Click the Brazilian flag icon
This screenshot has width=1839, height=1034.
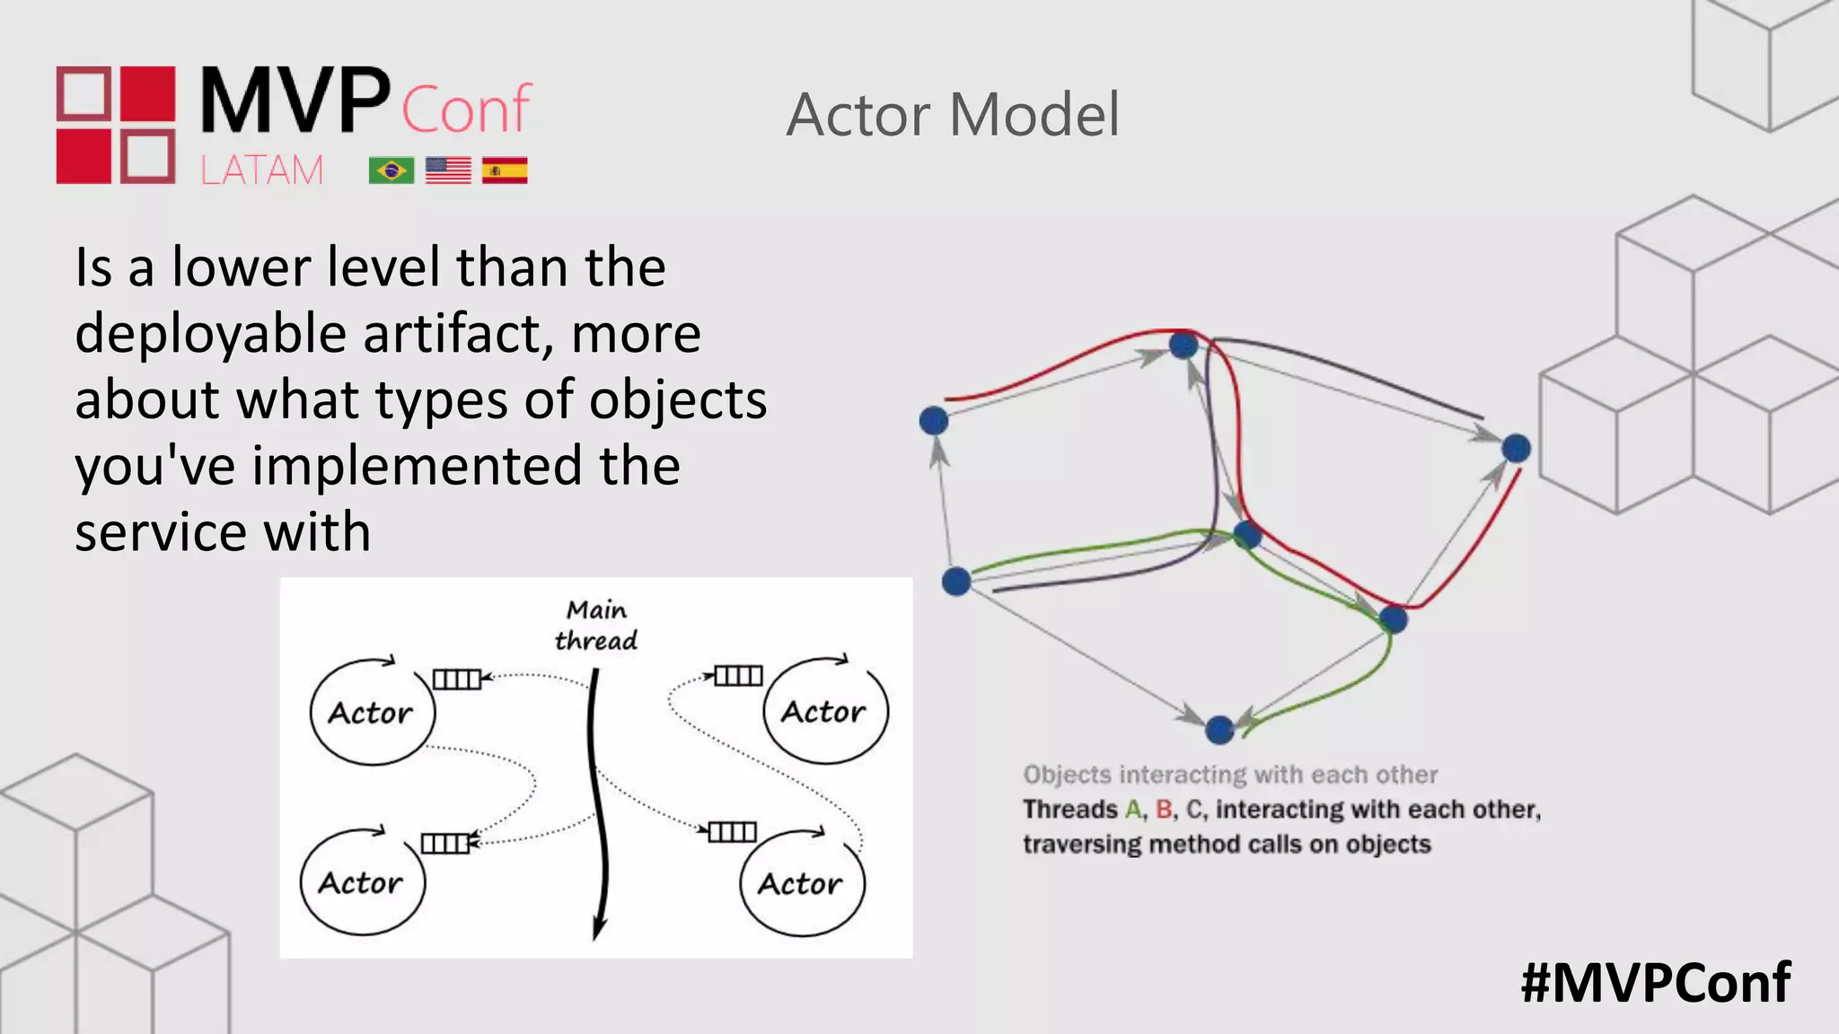pyautogui.click(x=391, y=171)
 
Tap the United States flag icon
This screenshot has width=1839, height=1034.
pyautogui.click(x=448, y=171)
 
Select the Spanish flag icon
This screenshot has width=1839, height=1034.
pyautogui.click(x=505, y=171)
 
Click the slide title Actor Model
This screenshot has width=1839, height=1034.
pyautogui.click(x=953, y=115)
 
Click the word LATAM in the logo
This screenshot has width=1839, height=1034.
pyautogui.click(x=261, y=171)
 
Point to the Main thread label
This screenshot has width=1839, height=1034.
pyautogui.click(x=596, y=625)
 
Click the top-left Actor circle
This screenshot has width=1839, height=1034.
pyautogui.click(x=372, y=713)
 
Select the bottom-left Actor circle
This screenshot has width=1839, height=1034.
pyautogui.click(x=362, y=883)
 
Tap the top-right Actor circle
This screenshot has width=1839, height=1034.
pyautogui.click(x=824, y=712)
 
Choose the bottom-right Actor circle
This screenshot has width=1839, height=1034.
pyautogui.click(x=801, y=884)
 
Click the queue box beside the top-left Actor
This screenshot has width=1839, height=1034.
pyautogui.click(x=456, y=679)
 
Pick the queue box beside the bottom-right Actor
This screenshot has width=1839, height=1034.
pyautogui.click(x=732, y=832)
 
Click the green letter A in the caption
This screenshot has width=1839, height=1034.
pyautogui.click(x=1133, y=810)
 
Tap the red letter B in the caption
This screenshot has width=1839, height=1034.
pyautogui.click(x=1164, y=810)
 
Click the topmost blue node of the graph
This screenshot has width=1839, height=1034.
pyautogui.click(x=1183, y=345)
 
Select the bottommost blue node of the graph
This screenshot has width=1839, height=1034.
pyautogui.click(x=1219, y=730)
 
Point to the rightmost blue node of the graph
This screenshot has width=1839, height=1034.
pyautogui.click(x=1516, y=448)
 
